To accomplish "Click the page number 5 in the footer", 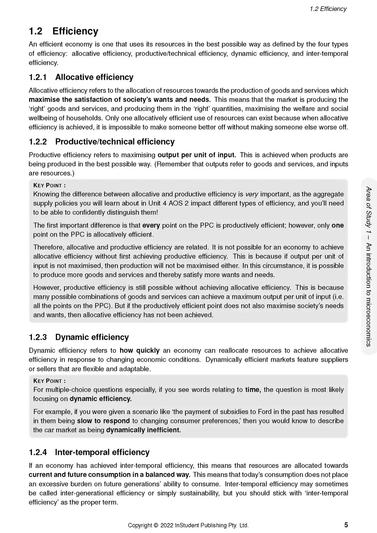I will [346, 525].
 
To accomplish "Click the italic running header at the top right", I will [328, 9].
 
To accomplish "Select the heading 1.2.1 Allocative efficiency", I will [81, 77].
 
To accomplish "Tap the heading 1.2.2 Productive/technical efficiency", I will [101, 141].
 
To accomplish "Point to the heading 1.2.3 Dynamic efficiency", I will [79, 337].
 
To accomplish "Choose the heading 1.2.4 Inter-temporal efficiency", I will [89, 452].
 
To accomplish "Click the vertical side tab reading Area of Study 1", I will [369, 266].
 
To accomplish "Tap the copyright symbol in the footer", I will [156, 525].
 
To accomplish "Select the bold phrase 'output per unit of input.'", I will [197, 155].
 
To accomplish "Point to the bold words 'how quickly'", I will [139, 350].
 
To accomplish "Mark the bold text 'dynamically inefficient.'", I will [143, 430].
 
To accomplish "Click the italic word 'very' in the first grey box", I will [252, 194].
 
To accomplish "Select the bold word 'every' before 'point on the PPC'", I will [151, 225].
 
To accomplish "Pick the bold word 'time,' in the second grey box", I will [253, 389].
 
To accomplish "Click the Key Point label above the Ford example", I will [49, 381].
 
